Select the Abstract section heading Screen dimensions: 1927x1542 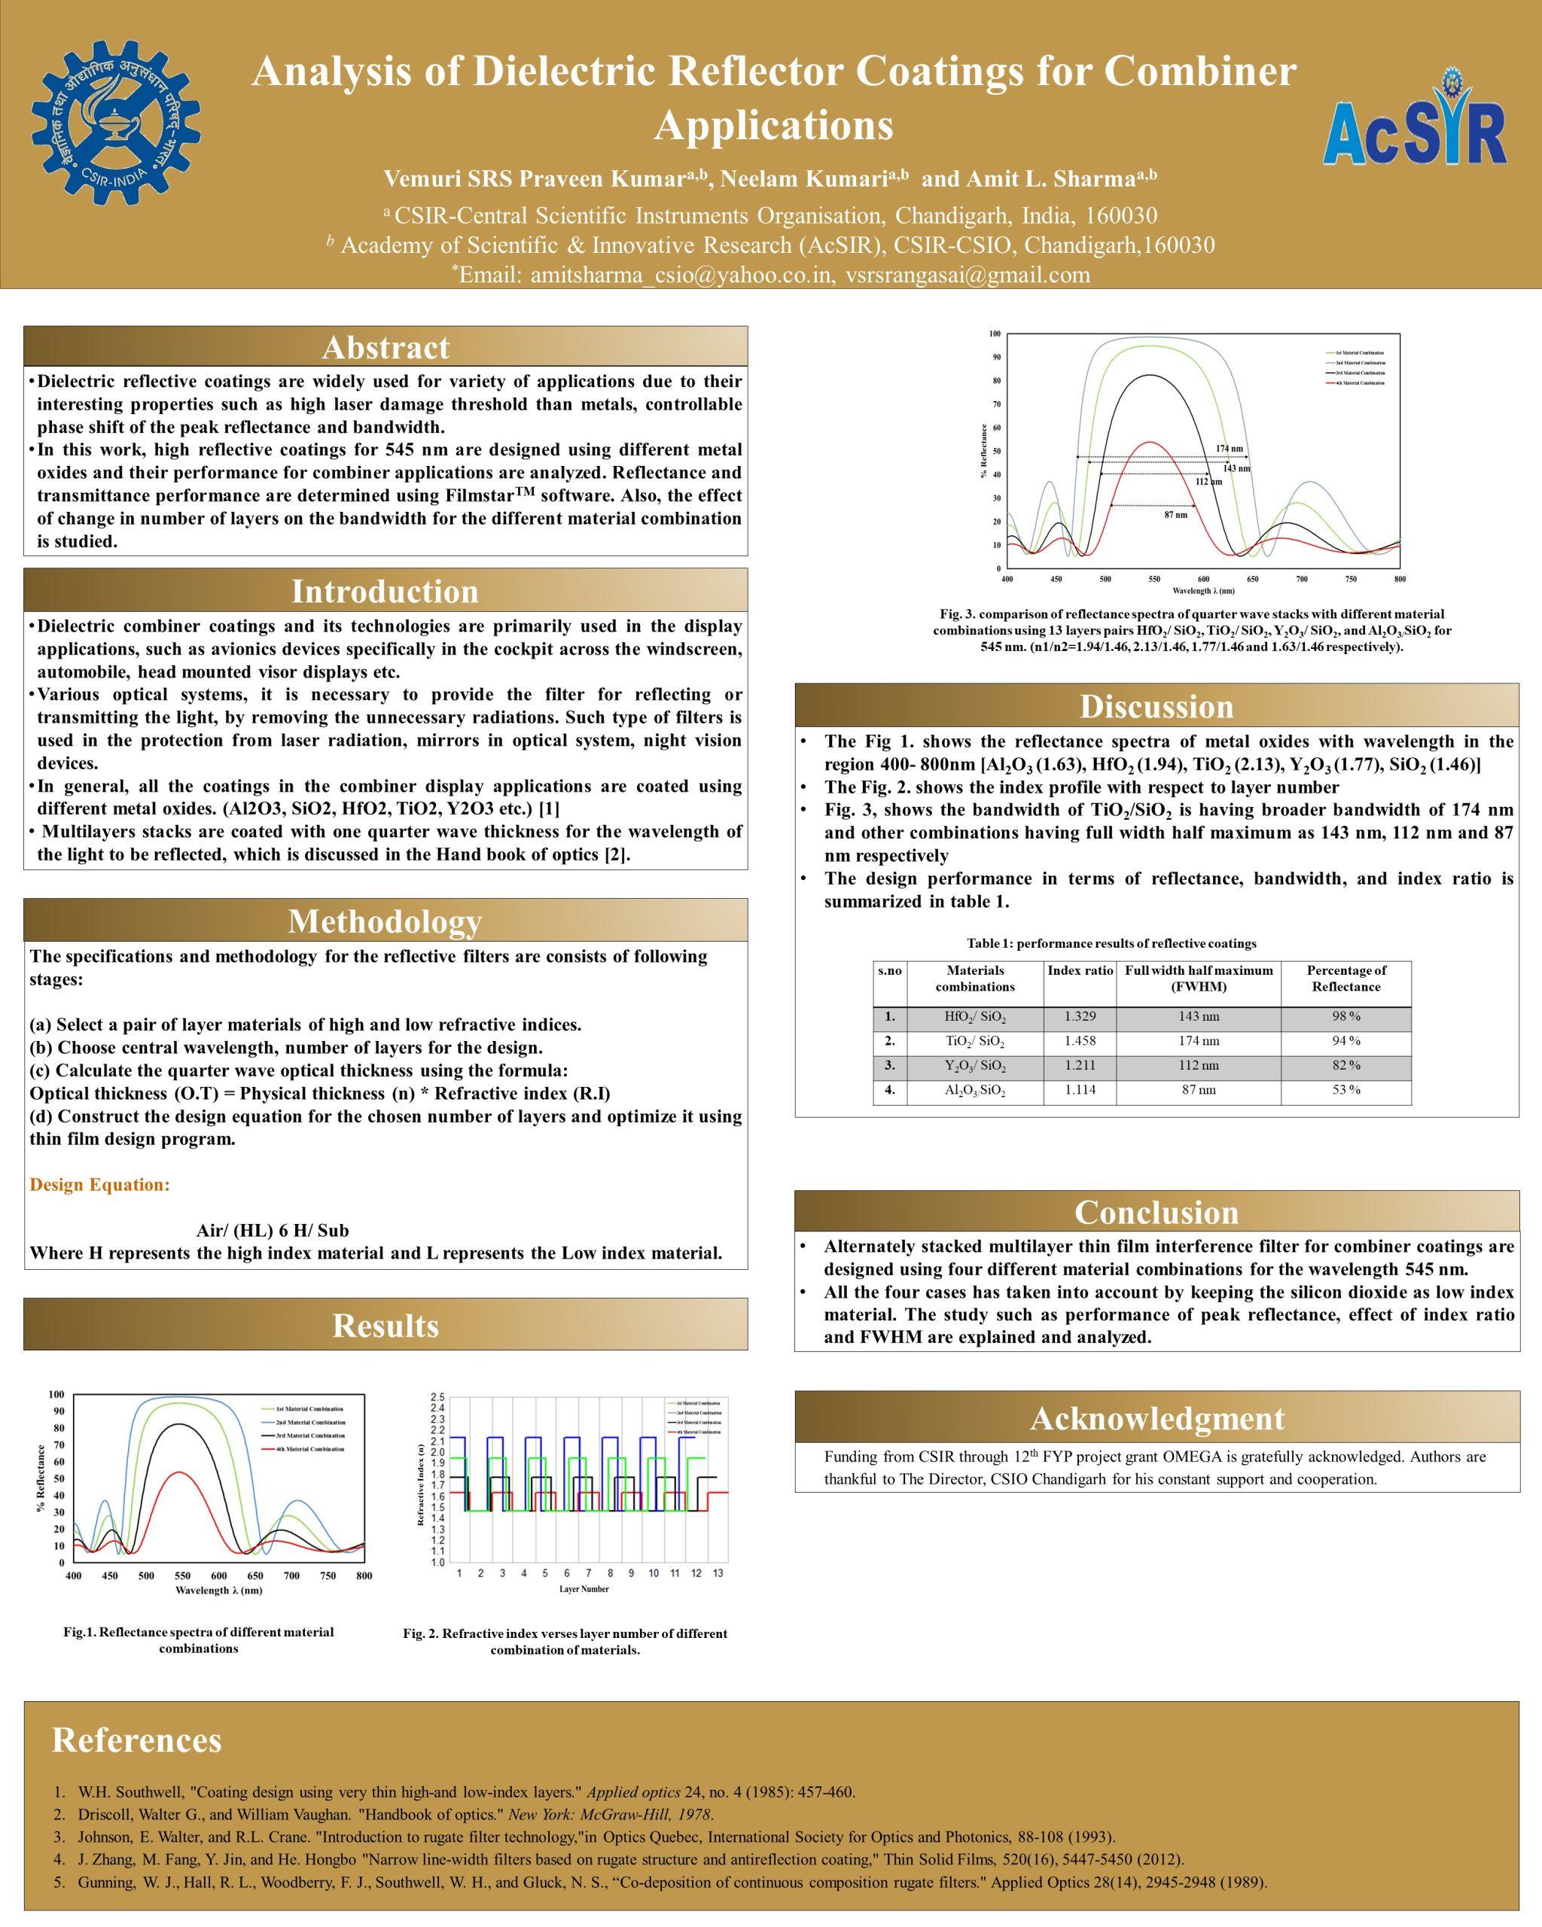point(385,347)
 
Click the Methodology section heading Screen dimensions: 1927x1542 point(385,921)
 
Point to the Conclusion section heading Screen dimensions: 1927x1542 point(1156,1212)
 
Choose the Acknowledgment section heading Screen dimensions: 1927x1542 point(1156,1418)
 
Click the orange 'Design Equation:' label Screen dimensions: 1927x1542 point(99,1185)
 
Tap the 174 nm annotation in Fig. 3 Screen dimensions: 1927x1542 point(1229,448)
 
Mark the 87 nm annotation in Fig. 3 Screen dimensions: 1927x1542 point(1175,515)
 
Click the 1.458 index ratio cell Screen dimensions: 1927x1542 point(1080,1041)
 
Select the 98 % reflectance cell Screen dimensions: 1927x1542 point(1346,1016)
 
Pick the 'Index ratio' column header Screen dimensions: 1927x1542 point(1080,970)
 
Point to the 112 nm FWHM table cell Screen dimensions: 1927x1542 point(1198,1065)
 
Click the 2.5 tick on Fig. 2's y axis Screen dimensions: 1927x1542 point(437,1396)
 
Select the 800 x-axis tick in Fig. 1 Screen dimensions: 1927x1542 point(364,1575)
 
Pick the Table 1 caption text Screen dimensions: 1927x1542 point(1111,944)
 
